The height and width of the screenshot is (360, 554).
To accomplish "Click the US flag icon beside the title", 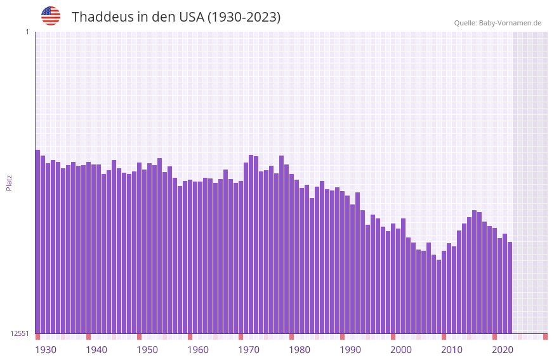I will (x=51, y=16).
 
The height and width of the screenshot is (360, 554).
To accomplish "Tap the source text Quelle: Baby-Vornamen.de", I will (x=498, y=23).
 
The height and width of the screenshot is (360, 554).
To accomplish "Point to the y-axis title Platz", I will (x=9, y=182).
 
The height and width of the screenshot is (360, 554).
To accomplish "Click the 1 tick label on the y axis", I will (x=27, y=32).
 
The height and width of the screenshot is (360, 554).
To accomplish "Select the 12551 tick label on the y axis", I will (x=19, y=333).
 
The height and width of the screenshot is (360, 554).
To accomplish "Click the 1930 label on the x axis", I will (x=46, y=350).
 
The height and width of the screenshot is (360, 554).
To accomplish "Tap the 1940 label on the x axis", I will (x=96, y=350).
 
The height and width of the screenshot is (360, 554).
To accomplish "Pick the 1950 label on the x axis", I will (x=147, y=350).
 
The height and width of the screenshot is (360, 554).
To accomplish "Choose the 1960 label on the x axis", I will (x=198, y=350).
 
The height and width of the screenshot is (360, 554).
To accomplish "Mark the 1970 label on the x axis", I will (x=249, y=350).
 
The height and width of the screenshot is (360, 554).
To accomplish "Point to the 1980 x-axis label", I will (x=300, y=350).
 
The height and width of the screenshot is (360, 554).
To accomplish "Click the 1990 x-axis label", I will (x=350, y=350).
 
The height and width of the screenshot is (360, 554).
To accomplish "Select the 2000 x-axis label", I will (x=401, y=350).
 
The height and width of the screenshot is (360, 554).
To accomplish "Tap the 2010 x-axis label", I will (x=452, y=350).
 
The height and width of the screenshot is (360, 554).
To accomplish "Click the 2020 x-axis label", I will (x=503, y=350).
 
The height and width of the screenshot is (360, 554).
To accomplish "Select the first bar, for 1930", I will (x=38, y=241).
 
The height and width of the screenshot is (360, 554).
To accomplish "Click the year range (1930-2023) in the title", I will (x=244, y=17).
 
